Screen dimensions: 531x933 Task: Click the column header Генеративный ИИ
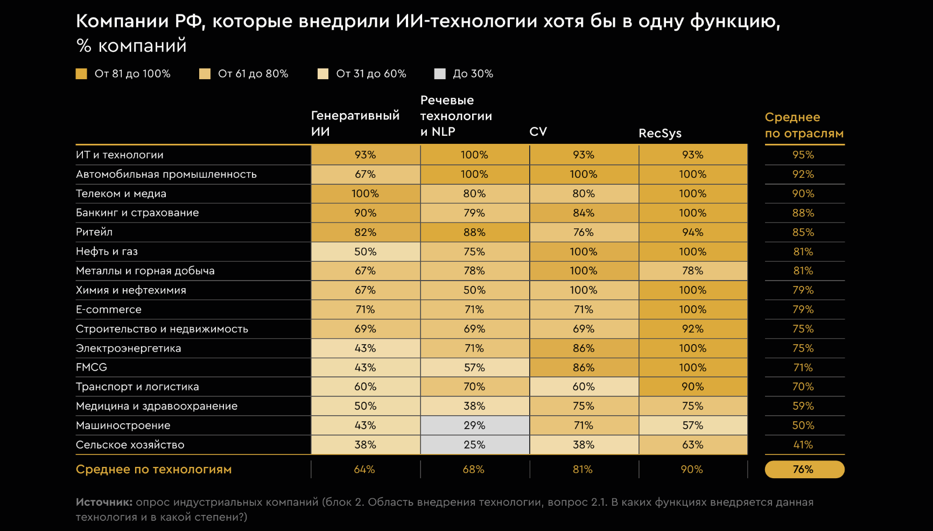tap(355, 123)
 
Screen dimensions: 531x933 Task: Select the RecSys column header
tap(660, 133)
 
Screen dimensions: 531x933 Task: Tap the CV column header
tap(538, 131)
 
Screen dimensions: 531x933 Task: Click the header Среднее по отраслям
tap(804, 125)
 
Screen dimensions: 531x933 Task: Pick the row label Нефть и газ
tap(107, 251)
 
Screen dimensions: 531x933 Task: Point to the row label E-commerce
tap(109, 310)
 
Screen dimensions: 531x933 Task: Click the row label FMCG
tap(92, 367)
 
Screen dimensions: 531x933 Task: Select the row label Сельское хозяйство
tap(130, 445)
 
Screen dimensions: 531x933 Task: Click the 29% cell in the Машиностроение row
tap(474, 425)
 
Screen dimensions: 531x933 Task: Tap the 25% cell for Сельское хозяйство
tap(474, 445)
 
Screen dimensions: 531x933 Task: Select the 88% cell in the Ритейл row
tap(474, 232)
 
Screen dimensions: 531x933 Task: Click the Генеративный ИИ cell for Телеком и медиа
tap(365, 193)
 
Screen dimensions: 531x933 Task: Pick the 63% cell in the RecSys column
tap(692, 445)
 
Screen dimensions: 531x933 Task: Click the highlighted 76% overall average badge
tap(804, 470)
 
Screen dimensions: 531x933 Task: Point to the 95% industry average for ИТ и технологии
tap(803, 155)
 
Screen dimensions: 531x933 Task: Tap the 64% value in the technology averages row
tap(364, 470)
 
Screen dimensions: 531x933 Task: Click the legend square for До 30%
tap(440, 74)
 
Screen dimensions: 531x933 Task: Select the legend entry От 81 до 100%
tap(123, 74)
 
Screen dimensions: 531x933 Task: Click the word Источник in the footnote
tap(104, 502)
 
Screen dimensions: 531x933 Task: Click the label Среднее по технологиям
tap(153, 470)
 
